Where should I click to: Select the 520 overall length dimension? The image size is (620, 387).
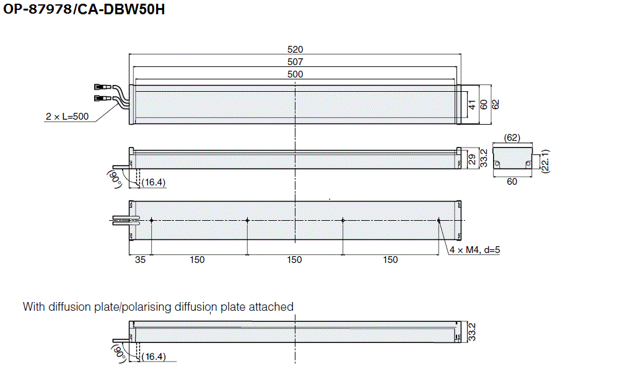click(295, 49)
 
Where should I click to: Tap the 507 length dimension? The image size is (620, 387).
click(295, 61)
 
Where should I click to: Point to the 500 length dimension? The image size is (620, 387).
click(295, 74)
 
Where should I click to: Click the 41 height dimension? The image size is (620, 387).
click(472, 104)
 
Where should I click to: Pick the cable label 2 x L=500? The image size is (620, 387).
click(67, 117)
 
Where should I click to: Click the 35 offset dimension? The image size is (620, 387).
click(140, 260)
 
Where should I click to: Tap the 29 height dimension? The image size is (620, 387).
click(472, 159)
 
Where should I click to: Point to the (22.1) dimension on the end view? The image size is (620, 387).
click(545, 160)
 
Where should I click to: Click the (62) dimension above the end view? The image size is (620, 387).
click(512, 137)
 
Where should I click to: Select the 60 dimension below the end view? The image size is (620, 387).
click(512, 182)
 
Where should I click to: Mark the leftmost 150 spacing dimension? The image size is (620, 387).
click(198, 260)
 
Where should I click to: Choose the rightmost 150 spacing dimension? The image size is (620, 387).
click(390, 260)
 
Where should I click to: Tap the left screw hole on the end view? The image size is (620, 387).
click(497, 164)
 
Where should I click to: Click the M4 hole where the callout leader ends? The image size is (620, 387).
click(439, 220)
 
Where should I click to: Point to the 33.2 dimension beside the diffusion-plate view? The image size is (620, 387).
click(472, 332)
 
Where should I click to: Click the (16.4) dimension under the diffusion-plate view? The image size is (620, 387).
click(154, 357)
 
